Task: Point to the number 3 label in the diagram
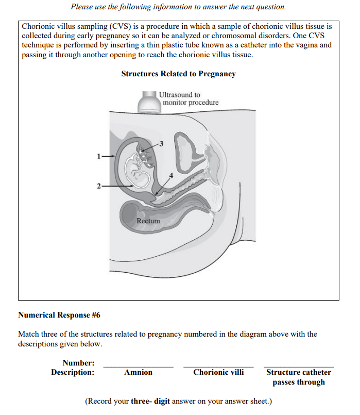(161, 143)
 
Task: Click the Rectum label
(148, 221)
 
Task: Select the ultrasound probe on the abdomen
(149, 102)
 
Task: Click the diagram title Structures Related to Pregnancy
(178, 74)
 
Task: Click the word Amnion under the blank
(138, 372)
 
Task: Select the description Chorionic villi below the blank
(218, 372)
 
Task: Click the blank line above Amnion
(138, 366)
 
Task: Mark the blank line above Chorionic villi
(218, 366)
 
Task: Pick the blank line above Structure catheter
(299, 366)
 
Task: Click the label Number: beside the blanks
(78, 363)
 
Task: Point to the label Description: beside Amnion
(73, 372)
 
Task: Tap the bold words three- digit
(150, 401)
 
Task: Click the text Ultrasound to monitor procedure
(188, 98)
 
